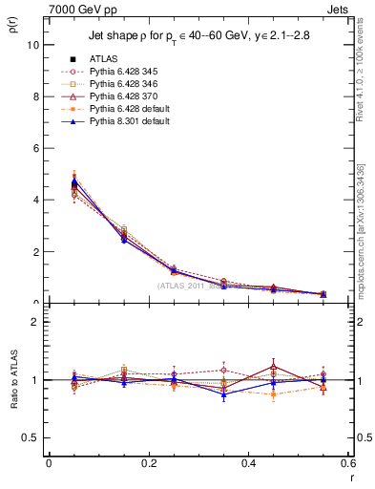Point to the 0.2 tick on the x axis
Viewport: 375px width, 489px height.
tap(149, 463)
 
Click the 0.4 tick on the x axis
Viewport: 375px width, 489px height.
tap(248, 463)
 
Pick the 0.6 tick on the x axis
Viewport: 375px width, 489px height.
tap(347, 463)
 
